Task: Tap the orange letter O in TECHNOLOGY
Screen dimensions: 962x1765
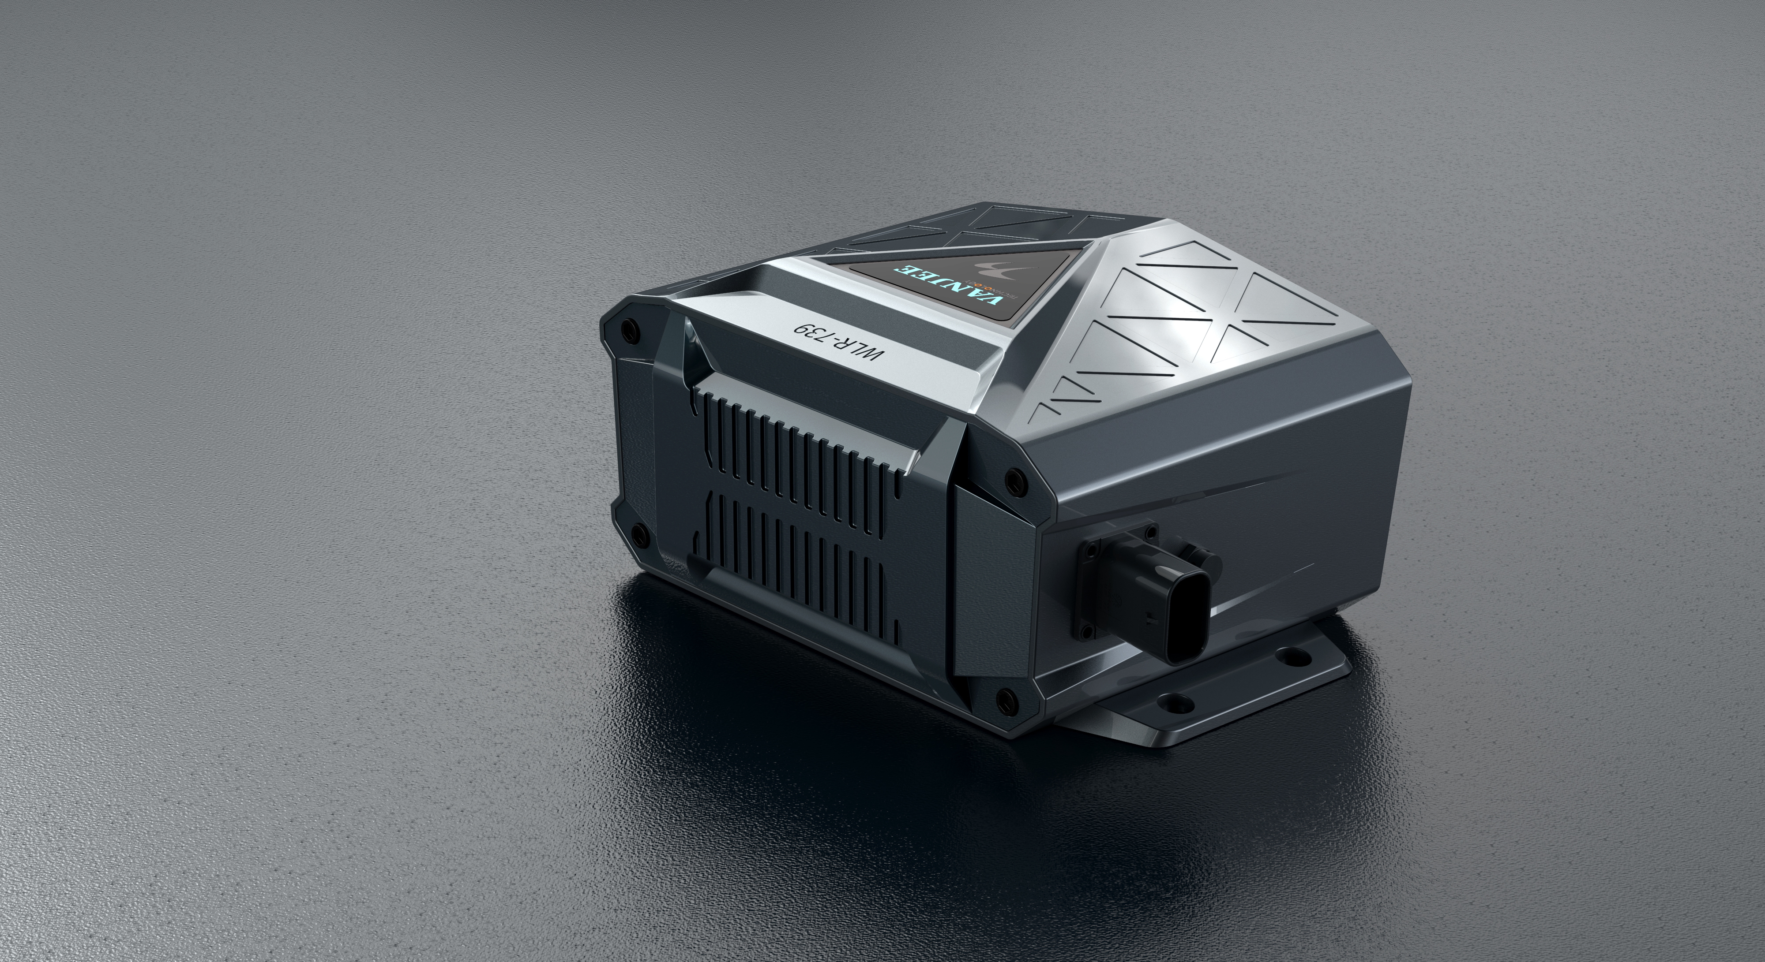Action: tap(988, 289)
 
